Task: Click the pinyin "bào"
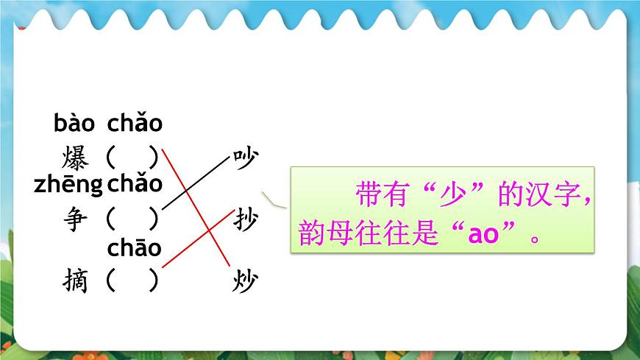point(74,124)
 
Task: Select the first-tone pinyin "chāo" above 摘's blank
point(134,247)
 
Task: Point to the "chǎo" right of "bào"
point(135,124)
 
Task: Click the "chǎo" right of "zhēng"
point(134,185)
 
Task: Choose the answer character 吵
point(245,158)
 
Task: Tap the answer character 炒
point(245,280)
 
